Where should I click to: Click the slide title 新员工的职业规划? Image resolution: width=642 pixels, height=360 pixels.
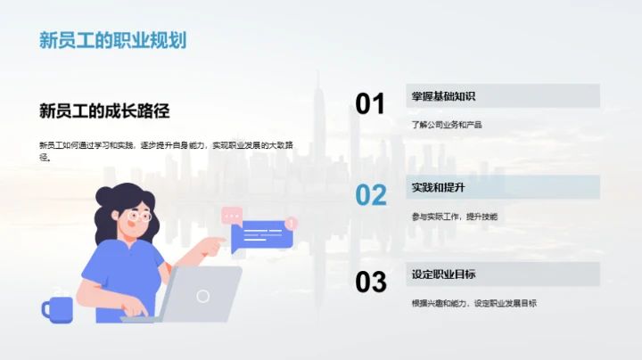pyautogui.click(x=112, y=40)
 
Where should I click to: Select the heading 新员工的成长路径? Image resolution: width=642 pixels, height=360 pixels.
pyautogui.click(x=104, y=110)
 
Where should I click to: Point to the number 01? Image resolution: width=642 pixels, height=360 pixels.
pyautogui.click(x=370, y=104)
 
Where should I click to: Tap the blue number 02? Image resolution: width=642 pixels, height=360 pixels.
pyautogui.click(x=370, y=194)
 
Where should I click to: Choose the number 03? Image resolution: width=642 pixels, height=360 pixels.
pyautogui.click(x=370, y=282)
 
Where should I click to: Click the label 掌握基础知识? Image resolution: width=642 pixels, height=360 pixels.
pyautogui.click(x=443, y=96)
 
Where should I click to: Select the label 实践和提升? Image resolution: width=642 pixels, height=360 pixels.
pyautogui.click(x=438, y=187)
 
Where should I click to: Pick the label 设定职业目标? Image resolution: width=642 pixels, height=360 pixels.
pyautogui.click(x=443, y=274)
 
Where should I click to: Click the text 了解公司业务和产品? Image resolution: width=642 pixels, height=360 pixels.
pyautogui.click(x=447, y=125)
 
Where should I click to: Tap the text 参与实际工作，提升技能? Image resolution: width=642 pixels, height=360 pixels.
pyautogui.click(x=455, y=217)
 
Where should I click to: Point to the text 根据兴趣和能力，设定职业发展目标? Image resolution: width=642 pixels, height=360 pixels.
pyautogui.click(x=473, y=303)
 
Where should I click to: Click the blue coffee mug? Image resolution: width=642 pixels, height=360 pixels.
pyautogui.click(x=56, y=309)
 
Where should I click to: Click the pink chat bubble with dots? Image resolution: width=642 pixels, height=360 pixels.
pyautogui.click(x=232, y=215)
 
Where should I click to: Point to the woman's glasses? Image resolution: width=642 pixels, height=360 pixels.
pyautogui.click(x=139, y=216)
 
